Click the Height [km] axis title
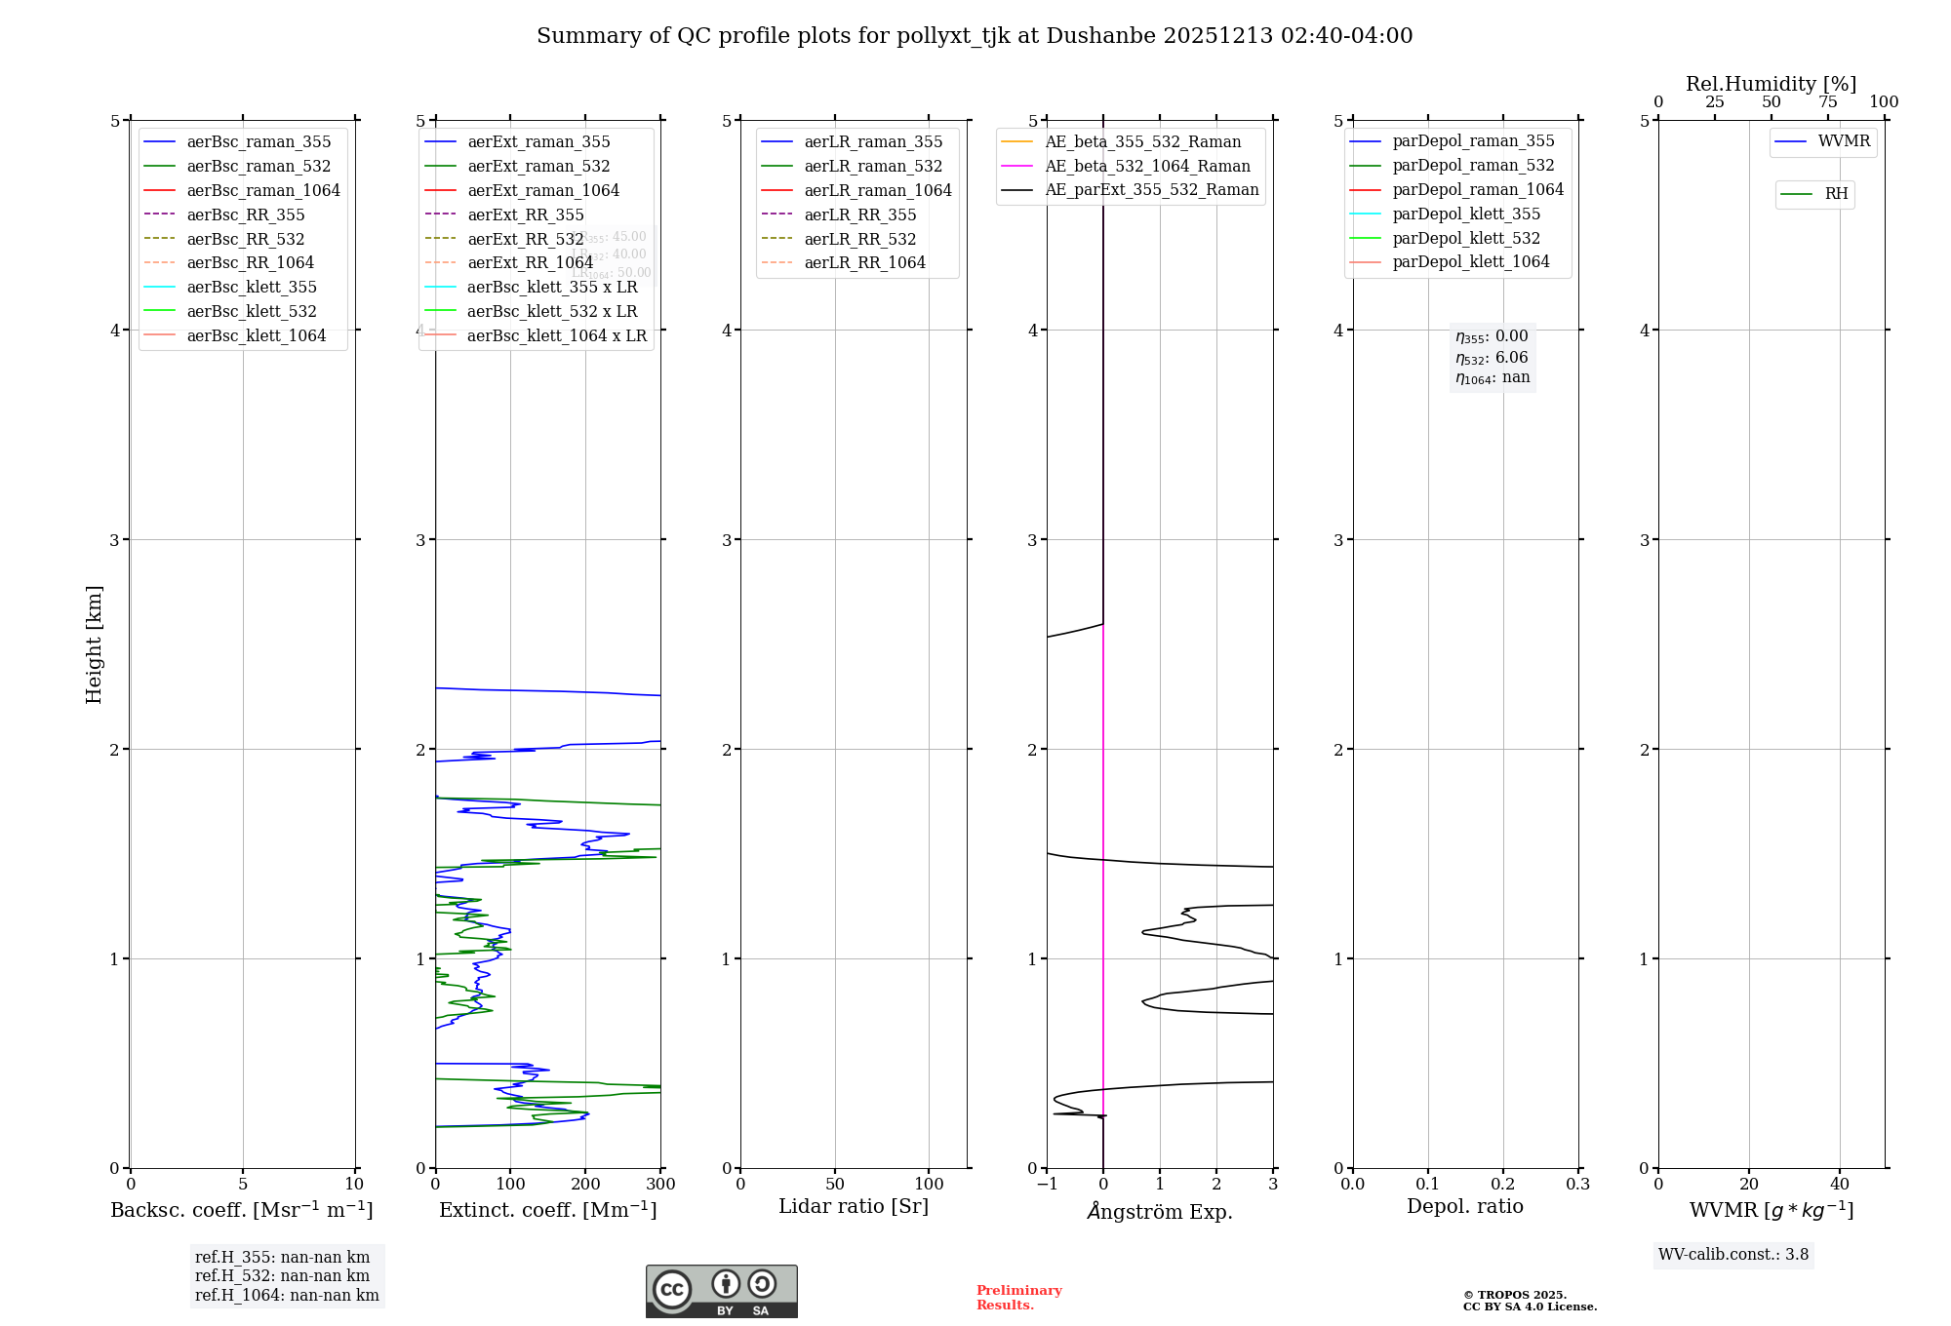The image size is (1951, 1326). pyautogui.click(x=94, y=644)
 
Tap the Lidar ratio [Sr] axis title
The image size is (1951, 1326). pyautogui.click(x=854, y=1206)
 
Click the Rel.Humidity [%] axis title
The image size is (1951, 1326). pyautogui.click(x=1771, y=84)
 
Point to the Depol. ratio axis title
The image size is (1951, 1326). pyautogui.click(x=1464, y=1206)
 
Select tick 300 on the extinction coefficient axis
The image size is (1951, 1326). pyautogui.click(x=660, y=1185)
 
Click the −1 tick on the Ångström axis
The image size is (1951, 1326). pyautogui.click(x=1047, y=1185)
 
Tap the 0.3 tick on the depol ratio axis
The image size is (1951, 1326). pyautogui.click(x=1577, y=1185)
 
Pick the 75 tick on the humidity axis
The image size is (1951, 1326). pyautogui.click(x=1827, y=102)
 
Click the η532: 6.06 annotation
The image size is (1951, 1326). pyautogui.click(x=1492, y=358)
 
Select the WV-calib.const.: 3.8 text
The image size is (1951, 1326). pyautogui.click(x=1732, y=1255)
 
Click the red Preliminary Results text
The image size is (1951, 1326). pyautogui.click(x=1018, y=1298)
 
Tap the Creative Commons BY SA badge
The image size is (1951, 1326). pyautogui.click(x=721, y=1291)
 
